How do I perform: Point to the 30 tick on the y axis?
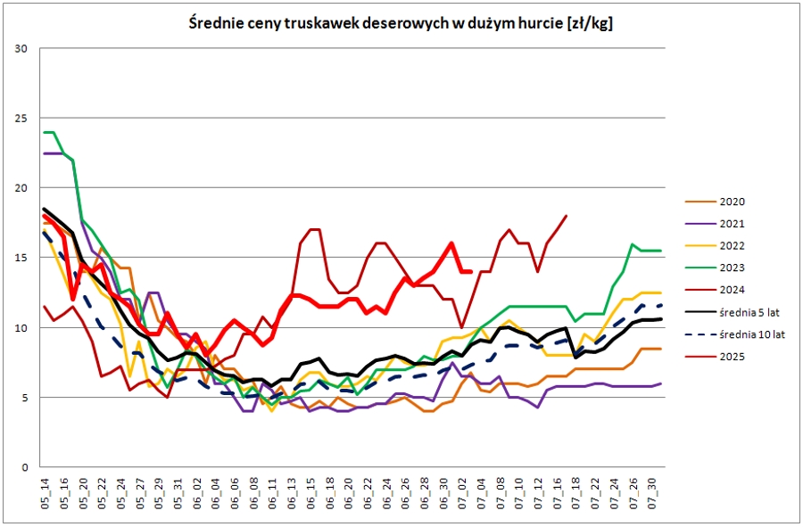[x=23, y=48]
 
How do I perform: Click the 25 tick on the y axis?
[x=23, y=119]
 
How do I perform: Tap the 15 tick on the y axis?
[x=23, y=258]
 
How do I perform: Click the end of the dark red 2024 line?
[x=567, y=216]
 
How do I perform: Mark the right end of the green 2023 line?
[x=660, y=251]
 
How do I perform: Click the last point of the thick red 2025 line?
[x=471, y=272]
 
